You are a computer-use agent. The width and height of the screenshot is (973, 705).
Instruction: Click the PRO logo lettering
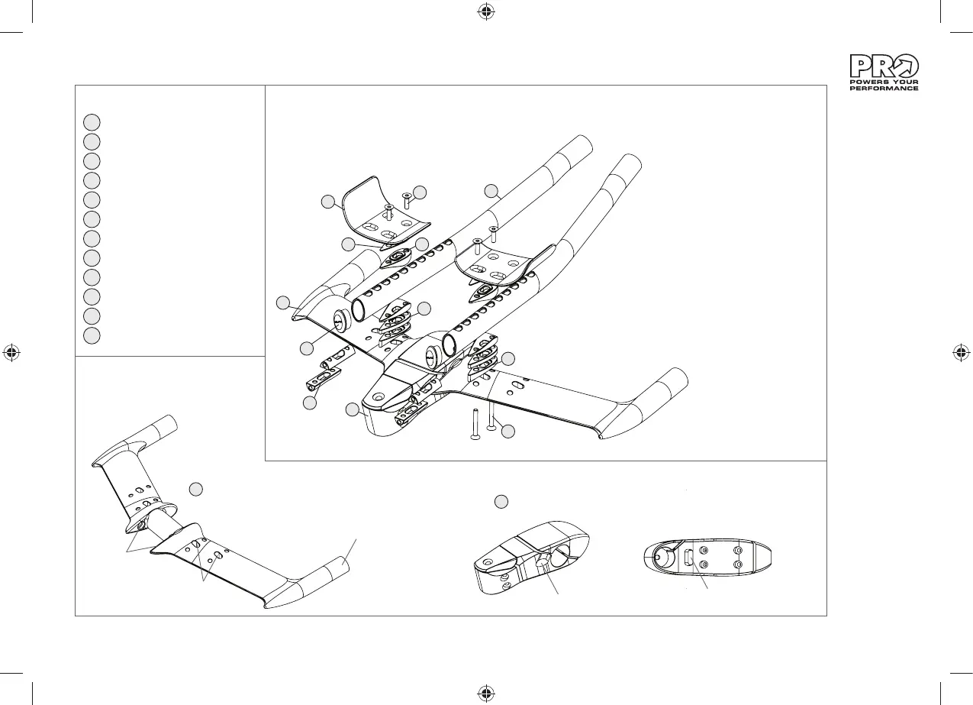884,66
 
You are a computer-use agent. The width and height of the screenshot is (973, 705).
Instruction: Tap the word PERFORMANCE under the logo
884,88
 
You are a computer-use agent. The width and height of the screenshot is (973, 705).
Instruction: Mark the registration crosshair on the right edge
962,352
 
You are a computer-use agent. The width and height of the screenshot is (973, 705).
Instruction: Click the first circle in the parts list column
91,121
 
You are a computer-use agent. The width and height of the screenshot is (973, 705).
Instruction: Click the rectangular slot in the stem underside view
689,557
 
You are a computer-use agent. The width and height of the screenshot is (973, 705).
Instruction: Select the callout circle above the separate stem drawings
501,502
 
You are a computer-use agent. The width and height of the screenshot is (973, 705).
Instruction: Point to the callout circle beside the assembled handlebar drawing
196,488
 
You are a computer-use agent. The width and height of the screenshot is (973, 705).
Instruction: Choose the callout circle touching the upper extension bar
492,190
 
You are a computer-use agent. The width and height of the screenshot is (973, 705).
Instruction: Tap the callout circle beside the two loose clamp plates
310,403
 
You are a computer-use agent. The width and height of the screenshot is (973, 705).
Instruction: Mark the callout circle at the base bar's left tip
283,302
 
